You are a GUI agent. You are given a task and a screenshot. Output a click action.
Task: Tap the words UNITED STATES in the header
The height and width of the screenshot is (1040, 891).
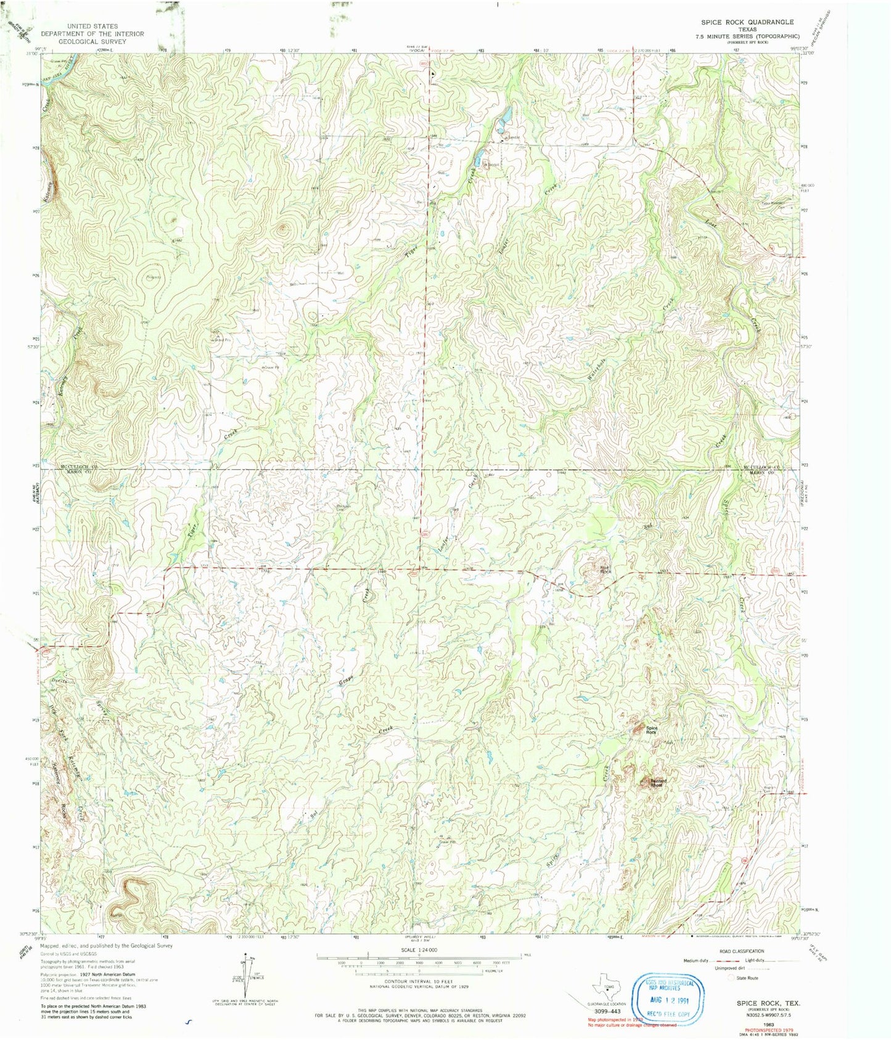(92, 27)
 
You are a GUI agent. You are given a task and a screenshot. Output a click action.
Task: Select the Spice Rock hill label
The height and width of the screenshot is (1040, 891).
(652, 729)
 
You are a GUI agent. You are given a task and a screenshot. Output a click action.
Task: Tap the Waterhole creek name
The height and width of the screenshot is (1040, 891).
(597, 369)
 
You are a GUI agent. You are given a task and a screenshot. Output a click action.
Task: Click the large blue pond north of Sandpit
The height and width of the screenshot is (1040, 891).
(504, 115)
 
